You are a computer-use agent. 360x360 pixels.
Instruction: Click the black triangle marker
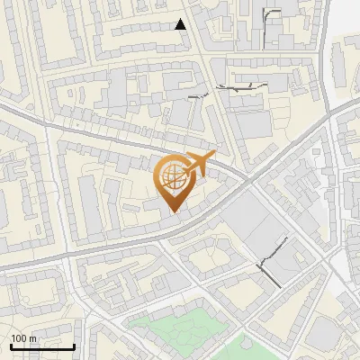181,24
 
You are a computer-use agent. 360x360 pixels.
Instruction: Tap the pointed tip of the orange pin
173,212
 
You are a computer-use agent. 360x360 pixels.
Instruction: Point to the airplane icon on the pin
197,164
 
